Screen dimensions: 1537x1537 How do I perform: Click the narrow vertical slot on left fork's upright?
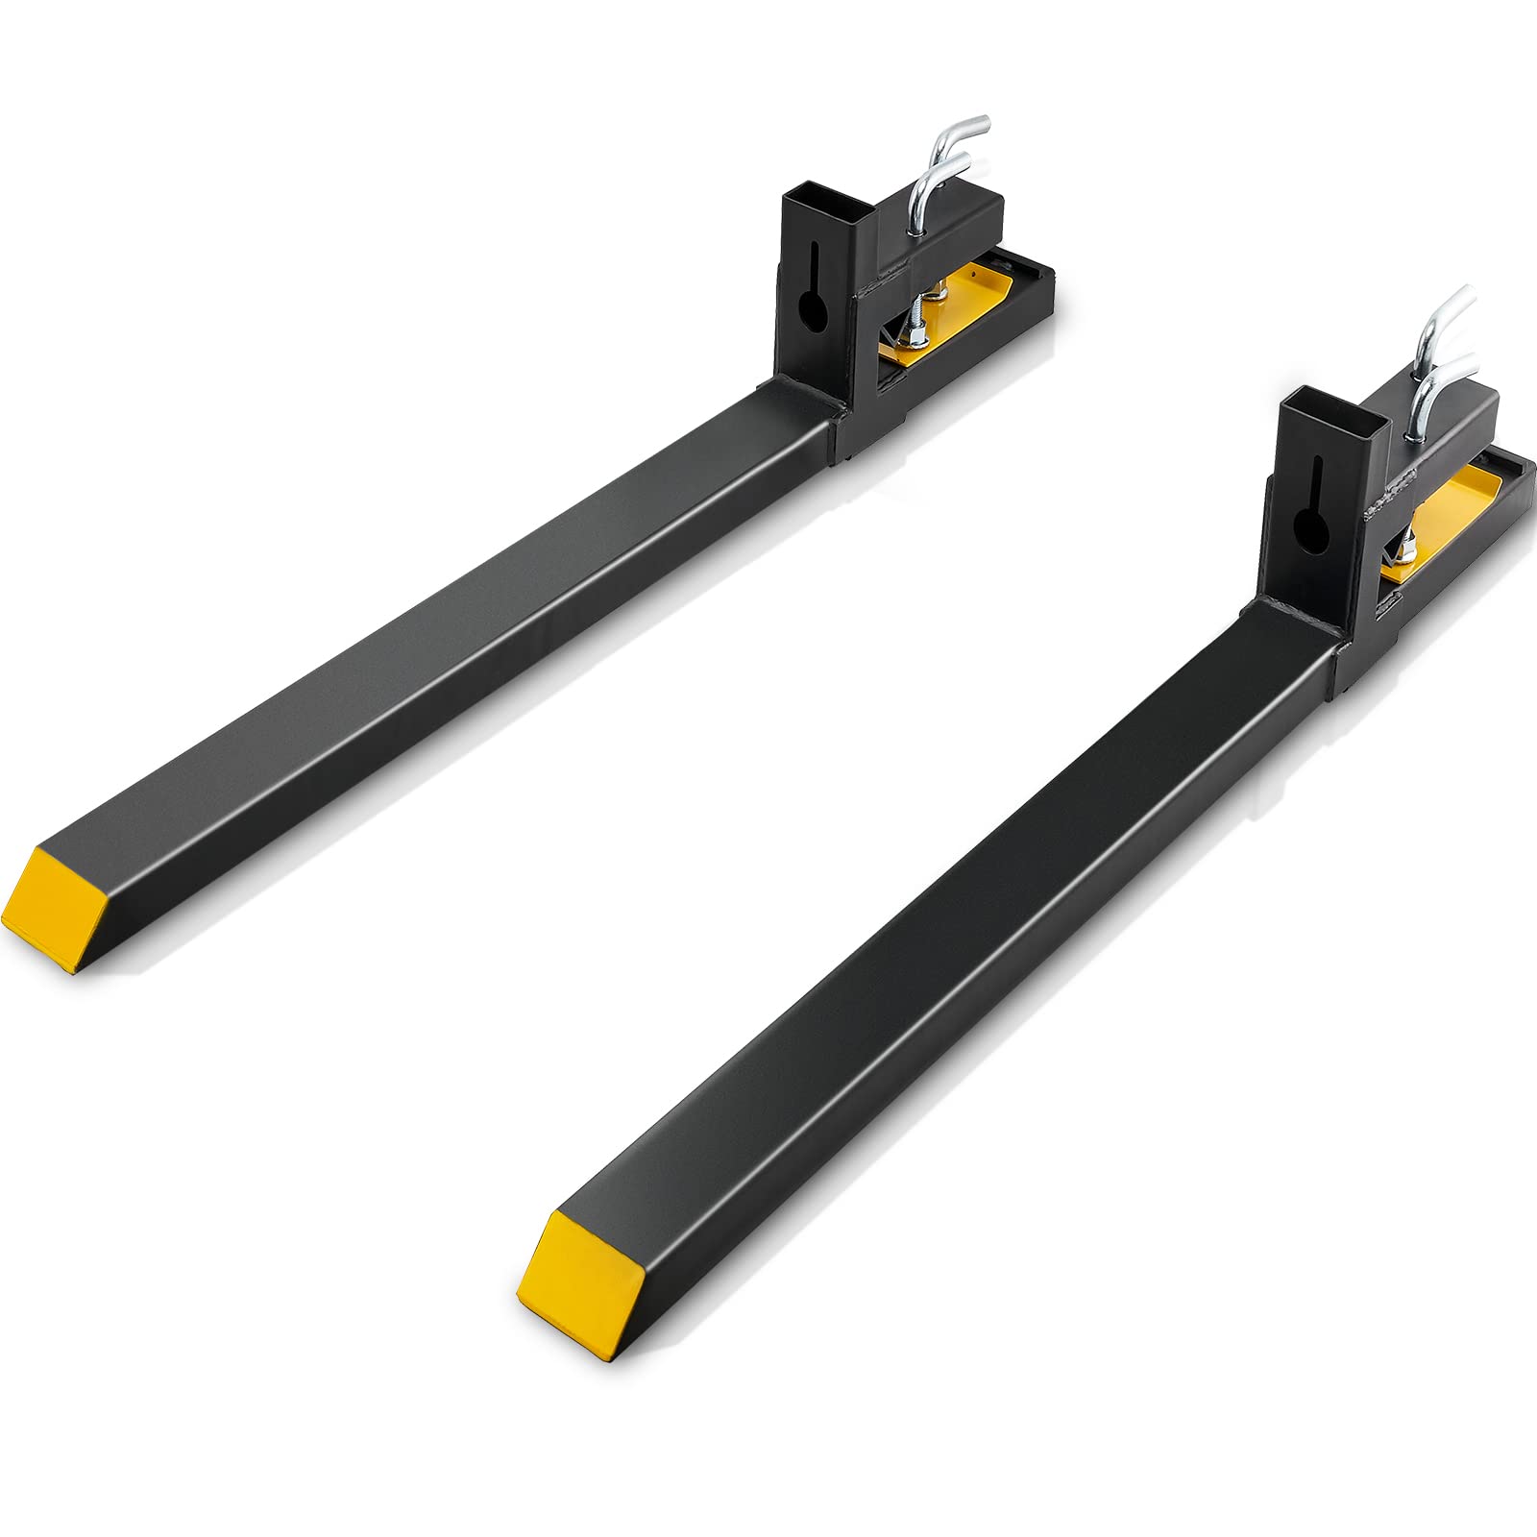(x=815, y=260)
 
